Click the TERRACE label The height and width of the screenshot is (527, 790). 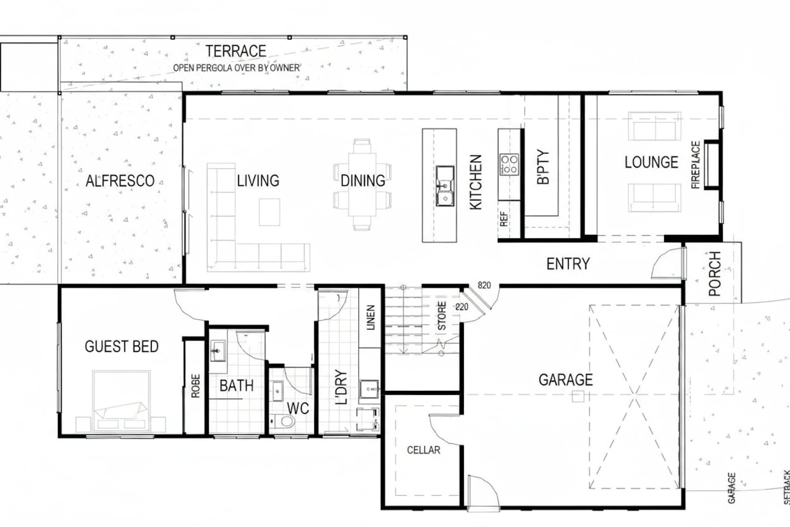[236, 51]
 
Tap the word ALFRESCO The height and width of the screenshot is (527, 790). [120, 181]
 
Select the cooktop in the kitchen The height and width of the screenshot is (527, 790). [509, 164]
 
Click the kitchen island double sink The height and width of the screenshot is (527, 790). [445, 186]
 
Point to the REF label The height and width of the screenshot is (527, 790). [504, 219]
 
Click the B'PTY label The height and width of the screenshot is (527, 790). [543, 167]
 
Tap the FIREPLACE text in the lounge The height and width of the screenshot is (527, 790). [695, 165]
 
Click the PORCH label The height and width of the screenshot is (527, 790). [714, 273]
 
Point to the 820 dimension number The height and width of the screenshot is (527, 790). [484, 285]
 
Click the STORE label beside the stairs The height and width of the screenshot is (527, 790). [442, 316]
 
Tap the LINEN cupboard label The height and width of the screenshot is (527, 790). [371, 317]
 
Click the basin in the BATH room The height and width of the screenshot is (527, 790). [218, 351]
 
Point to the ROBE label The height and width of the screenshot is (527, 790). [195, 386]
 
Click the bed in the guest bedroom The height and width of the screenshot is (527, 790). [121, 402]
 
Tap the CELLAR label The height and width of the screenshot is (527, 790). [424, 450]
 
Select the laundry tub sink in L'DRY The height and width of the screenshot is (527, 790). [369, 389]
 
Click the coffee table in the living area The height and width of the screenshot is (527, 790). [270, 212]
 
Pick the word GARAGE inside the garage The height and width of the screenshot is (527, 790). [565, 380]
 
